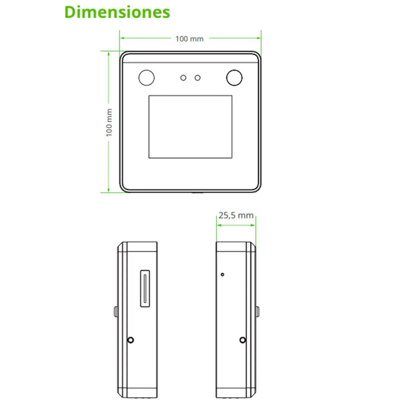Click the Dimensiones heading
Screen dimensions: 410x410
click(117, 12)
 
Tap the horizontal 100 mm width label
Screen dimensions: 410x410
click(190, 38)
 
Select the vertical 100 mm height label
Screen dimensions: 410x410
click(109, 122)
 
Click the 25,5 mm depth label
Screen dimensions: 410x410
click(235, 216)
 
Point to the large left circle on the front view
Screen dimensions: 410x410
click(146, 77)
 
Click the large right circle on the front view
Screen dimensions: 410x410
click(234, 77)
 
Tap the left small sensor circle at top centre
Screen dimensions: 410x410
click(183, 78)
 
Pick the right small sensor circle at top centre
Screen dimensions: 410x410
click(198, 78)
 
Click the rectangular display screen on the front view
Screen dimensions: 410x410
click(190, 127)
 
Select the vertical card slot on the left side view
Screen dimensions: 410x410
click(145, 289)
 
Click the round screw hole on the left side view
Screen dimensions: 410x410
click(131, 340)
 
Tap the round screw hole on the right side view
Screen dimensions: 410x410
click(243, 340)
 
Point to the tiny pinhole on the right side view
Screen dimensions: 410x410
click(223, 275)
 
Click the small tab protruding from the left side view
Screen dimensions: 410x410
click(115, 312)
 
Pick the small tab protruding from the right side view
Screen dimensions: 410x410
click(257, 312)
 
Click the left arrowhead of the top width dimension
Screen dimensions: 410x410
click(122, 38)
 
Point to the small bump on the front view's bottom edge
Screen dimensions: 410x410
click(195, 192)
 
